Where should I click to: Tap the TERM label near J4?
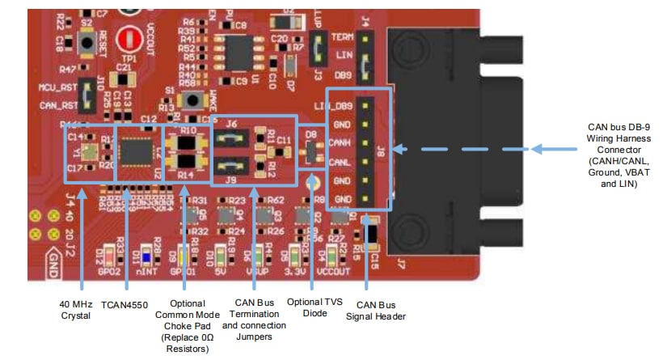[343, 36]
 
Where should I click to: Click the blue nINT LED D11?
[146, 256]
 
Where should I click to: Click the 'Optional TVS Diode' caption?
[311, 308]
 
